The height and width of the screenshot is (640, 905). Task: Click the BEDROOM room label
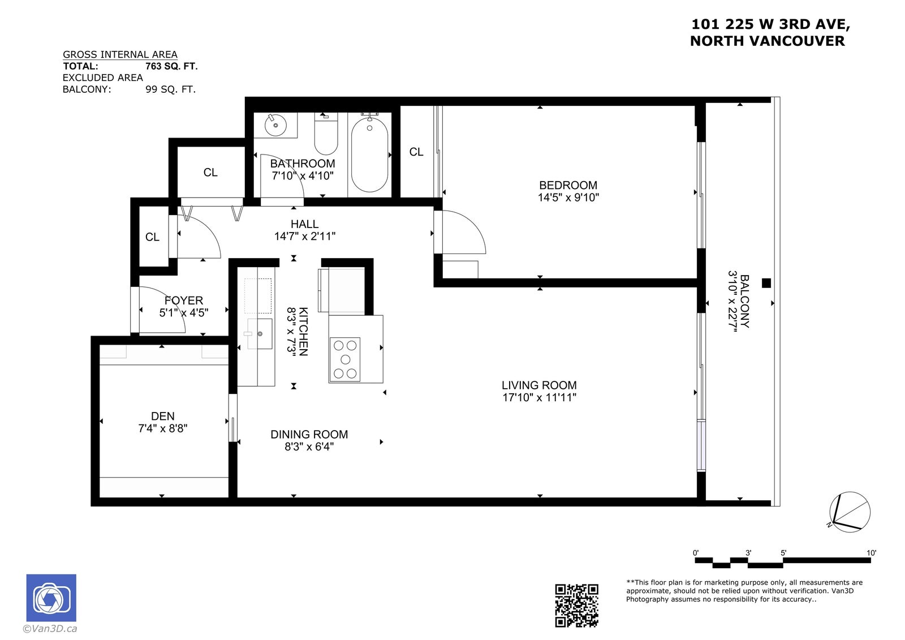tap(568, 185)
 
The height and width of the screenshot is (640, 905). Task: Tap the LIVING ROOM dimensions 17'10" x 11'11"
tap(539, 398)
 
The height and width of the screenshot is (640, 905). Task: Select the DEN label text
tap(163, 416)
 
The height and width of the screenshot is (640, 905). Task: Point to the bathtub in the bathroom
tap(369, 155)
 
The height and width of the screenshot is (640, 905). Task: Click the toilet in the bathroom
tap(326, 134)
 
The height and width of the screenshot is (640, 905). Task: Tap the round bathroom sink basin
tap(275, 125)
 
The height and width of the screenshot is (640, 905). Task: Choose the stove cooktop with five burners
tap(344, 359)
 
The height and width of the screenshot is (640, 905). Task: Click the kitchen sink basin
tap(259, 333)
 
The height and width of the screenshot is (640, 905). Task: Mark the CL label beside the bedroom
tap(416, 152)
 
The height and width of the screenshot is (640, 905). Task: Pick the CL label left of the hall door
tap(152, 237)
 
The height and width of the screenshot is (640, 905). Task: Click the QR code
tap(576, 605)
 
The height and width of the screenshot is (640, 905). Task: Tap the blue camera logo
tap(51, 598)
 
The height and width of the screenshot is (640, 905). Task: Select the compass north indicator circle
tap(850, 512)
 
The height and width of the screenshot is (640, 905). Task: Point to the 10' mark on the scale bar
tap(871, 553)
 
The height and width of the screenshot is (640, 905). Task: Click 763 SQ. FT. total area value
tap(171, 66)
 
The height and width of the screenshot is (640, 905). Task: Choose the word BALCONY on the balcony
tap(744, 301)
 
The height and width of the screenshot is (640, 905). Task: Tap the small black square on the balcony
tap(766, 283)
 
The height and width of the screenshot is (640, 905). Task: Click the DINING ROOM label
tap(309, 435)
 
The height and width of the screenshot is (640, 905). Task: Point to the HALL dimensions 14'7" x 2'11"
tap(305, 237)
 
